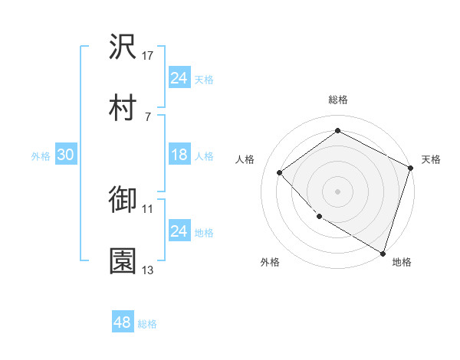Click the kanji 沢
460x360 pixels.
[123, 47]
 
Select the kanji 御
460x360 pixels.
[123, 200]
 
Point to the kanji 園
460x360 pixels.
[123, 261]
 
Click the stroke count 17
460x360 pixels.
[148, 56]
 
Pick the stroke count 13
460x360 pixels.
[148, 270]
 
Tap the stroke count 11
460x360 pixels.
[148, 208]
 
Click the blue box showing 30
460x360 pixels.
[65, 155]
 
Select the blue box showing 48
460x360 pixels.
[123, 322]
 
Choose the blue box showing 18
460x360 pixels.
[179, 155]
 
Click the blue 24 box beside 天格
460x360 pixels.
[179, 78]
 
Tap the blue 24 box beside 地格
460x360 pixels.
[179, 231]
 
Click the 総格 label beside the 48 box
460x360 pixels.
[147, 324]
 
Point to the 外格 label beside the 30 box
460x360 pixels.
[41, 155]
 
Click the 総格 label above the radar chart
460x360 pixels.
[338, 100]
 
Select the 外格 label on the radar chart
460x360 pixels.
[270, 262]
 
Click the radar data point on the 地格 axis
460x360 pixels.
[383, 252]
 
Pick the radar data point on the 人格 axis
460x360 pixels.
[280, 172]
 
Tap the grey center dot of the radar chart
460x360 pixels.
[338, 191]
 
